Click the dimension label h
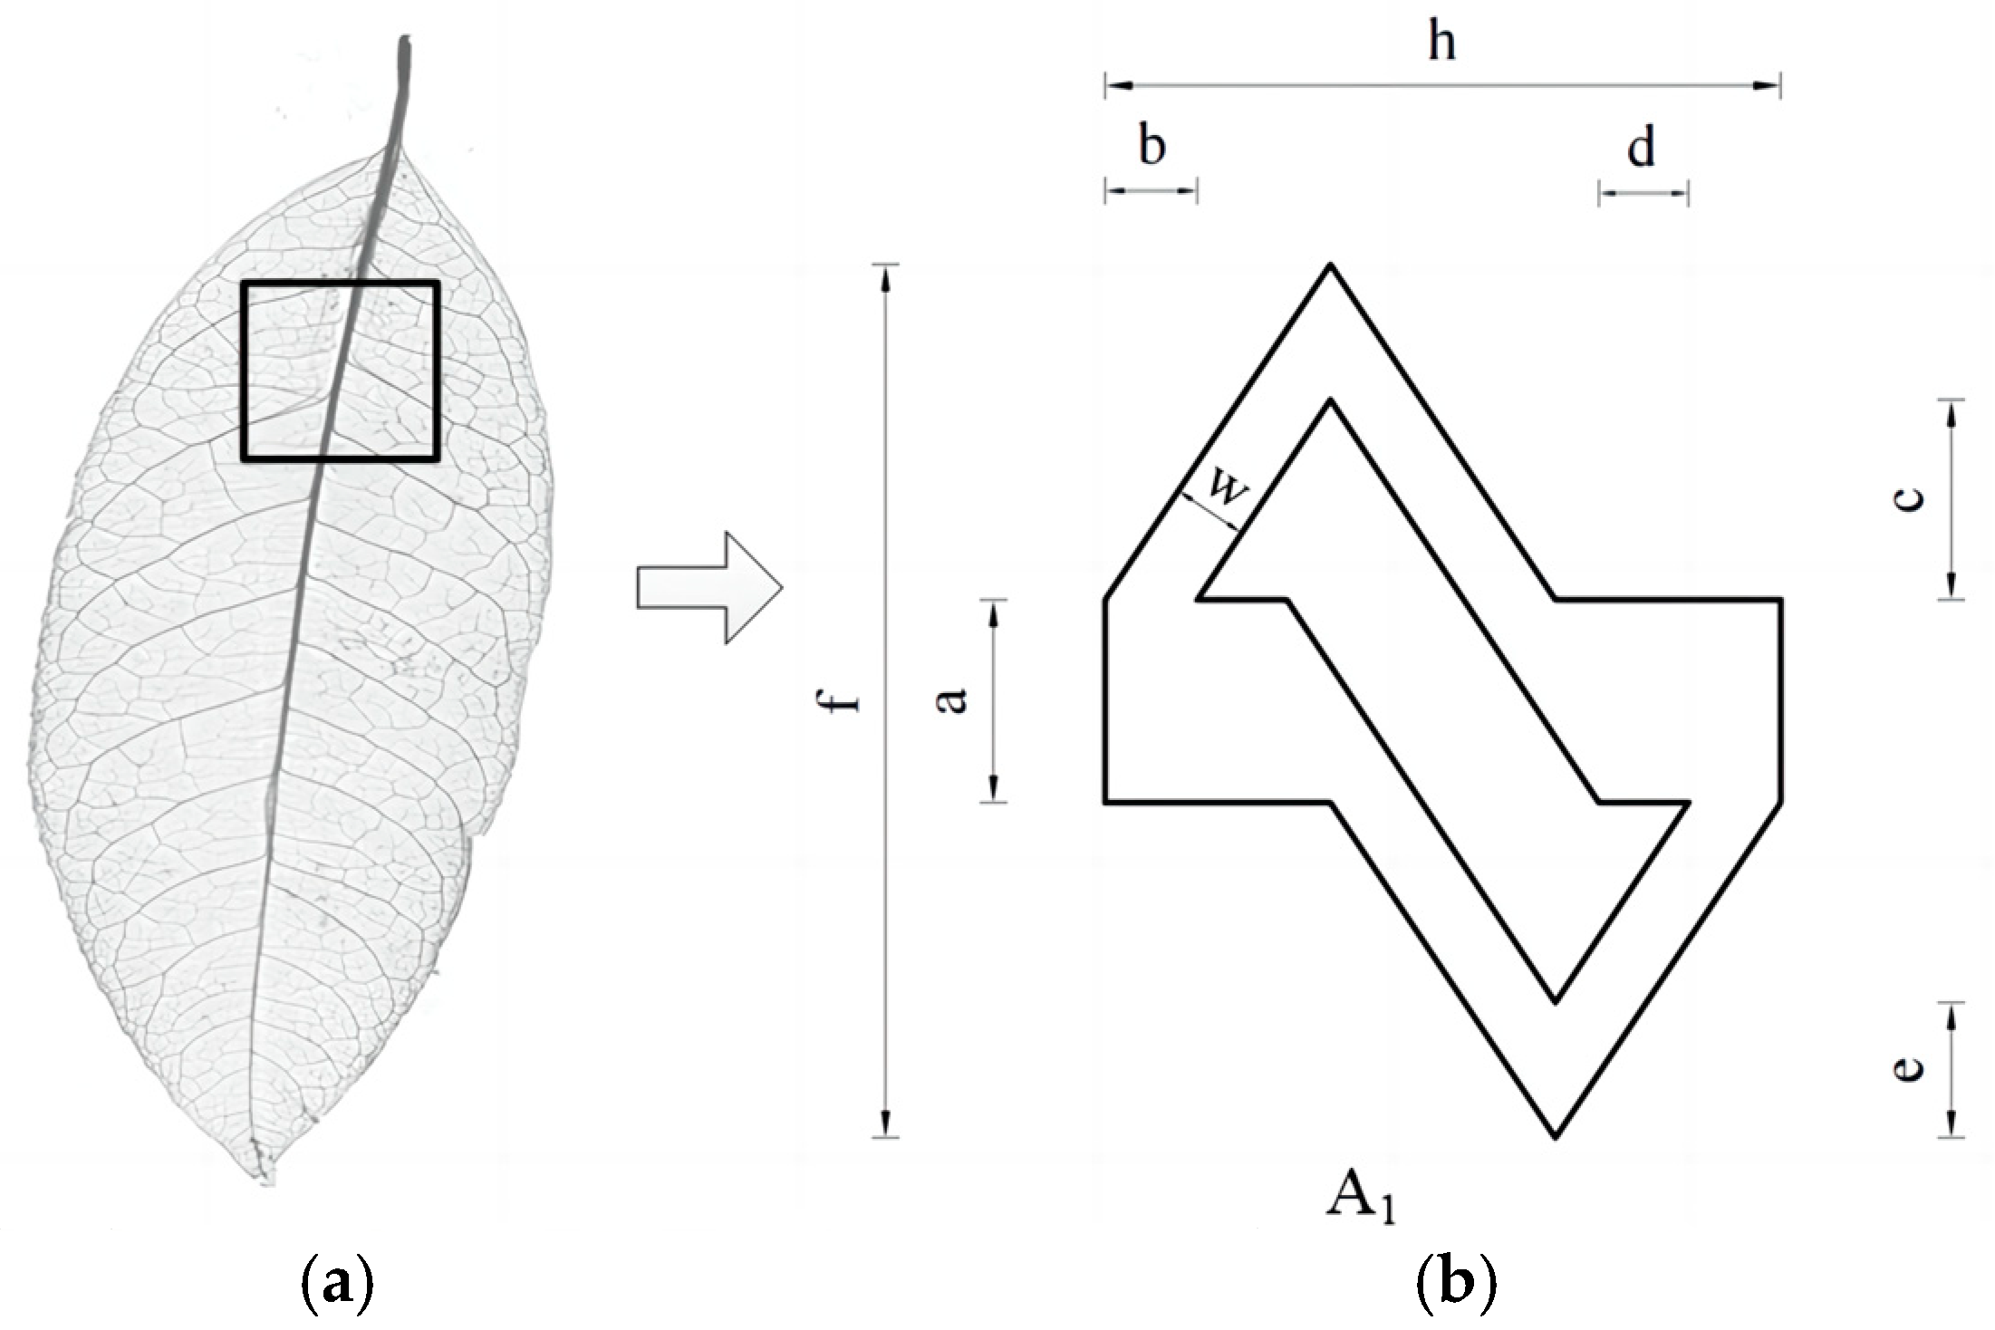coord(1441,42)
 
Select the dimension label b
coord(1152,147)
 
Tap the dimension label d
coord(1641,148)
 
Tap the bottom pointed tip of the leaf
coord(265,1176)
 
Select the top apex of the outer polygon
coord(1329,265)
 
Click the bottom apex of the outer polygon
coord(1555,1136)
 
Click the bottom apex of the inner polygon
coord(1555,1002)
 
